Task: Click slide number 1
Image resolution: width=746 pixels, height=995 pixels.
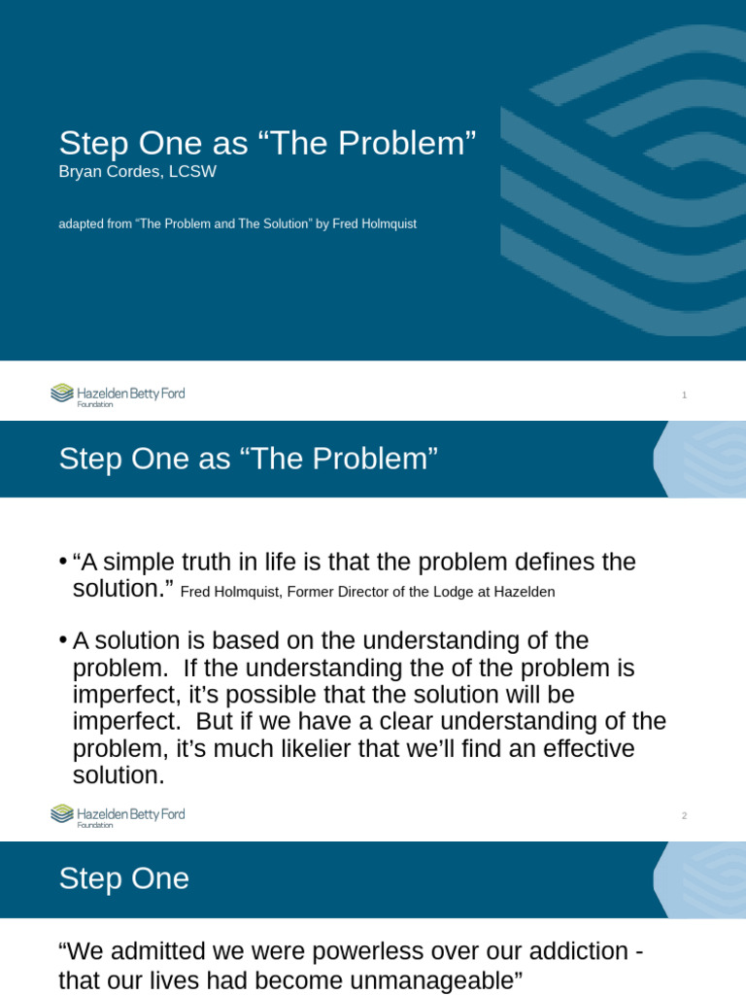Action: pos(684,395)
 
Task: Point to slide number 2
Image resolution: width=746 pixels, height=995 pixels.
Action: pos(684,815)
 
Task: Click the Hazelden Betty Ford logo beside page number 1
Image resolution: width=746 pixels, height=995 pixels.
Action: pos(118,395)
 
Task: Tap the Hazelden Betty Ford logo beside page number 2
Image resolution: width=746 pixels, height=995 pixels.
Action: pos(118,815)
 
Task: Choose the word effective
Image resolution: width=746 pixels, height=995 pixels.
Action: pos(588,749)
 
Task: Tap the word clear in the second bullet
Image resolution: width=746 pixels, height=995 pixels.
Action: pos(406,722)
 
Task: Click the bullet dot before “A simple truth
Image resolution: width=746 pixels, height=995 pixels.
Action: pos(63,562)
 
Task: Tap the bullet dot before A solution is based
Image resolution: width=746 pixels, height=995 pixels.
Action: pos(63,639)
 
